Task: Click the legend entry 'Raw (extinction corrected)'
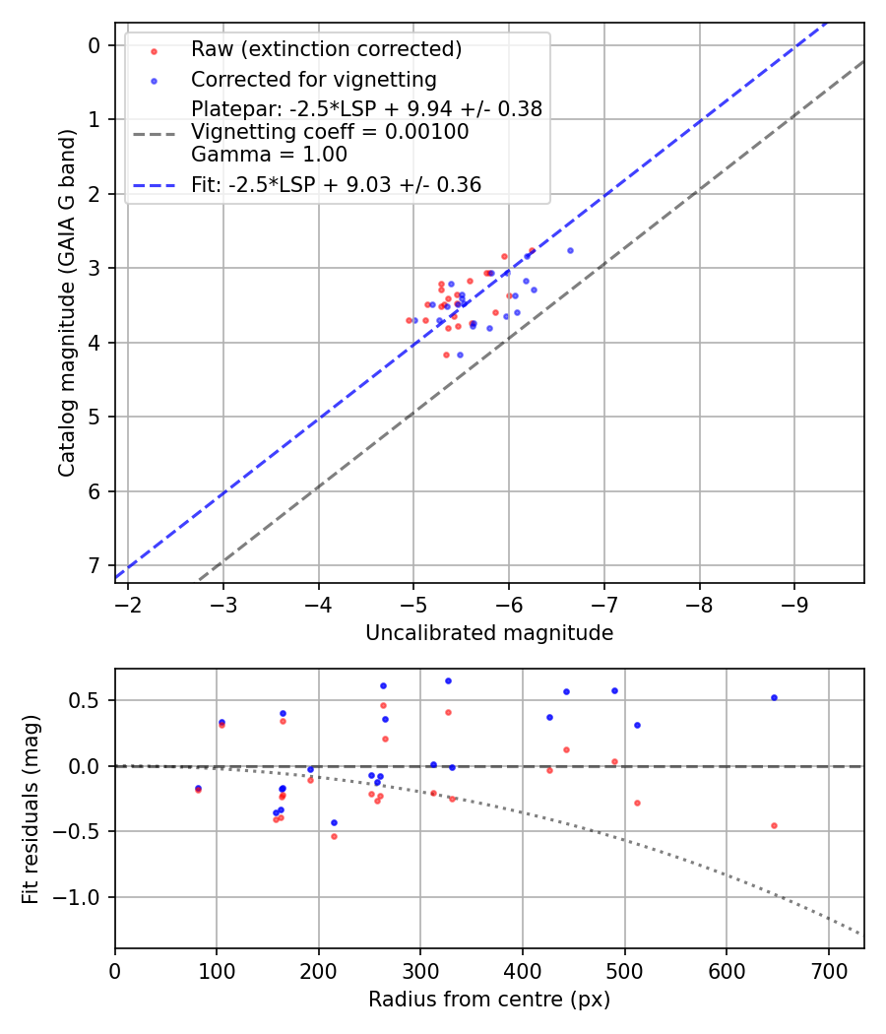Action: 326,49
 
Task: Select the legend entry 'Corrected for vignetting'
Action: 313,79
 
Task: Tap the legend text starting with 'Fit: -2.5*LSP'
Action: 336,184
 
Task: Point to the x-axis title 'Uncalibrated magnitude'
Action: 489,633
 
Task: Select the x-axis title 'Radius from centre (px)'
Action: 489,1000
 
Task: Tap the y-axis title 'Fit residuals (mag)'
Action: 32,808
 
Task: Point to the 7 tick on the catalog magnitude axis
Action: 95,565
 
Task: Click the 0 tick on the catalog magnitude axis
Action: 95,45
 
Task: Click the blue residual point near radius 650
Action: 774,697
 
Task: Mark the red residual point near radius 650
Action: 774,825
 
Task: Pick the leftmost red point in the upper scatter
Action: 410,320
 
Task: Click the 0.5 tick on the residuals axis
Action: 89,700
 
